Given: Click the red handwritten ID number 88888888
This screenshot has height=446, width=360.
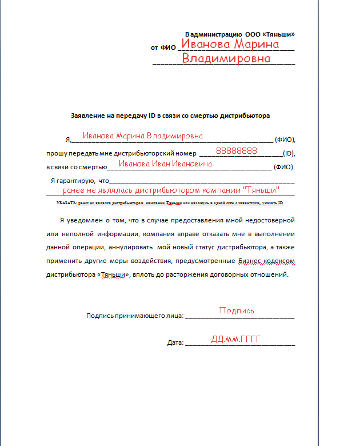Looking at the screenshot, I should (237, 151).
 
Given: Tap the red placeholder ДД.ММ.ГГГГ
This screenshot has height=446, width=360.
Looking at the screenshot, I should (235, 339).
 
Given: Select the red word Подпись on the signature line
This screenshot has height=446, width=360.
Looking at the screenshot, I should (237, 310).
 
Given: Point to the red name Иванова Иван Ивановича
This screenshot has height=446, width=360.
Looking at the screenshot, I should (165, 164).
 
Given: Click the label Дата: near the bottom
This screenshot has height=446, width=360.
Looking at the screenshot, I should (175, 343).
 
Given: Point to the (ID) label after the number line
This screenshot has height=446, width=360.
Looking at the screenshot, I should (289, 154).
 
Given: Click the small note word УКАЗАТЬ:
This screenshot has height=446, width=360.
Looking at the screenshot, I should (66, 203).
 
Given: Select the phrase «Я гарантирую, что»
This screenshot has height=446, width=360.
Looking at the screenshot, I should (79, 181).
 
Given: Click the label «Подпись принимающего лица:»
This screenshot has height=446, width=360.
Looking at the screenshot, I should (134, 315).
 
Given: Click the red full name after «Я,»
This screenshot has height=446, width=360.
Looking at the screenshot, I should (142, 136).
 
